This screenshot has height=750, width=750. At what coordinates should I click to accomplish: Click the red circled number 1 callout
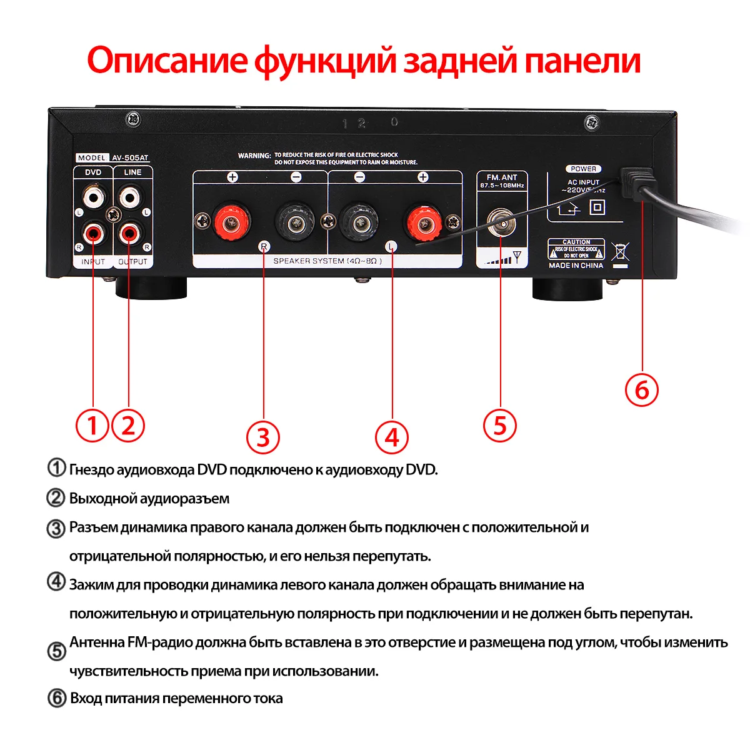[x=92, y=426]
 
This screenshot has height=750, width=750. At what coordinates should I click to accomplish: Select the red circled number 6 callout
[x=642, y=389]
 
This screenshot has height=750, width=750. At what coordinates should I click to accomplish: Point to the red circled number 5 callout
[x=500, y=425]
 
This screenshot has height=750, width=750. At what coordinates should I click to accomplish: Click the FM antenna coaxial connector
[x=501, y=222]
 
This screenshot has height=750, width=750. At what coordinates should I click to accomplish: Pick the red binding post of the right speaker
[x=232, y=221]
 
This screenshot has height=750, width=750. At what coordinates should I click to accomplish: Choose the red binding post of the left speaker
[x=424, y=221]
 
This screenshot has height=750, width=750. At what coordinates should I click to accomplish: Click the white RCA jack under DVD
[x=93, y=199]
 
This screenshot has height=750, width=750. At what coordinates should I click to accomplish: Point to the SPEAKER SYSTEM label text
[x=327, y=261]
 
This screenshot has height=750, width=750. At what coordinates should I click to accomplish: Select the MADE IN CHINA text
[x=576, y=266]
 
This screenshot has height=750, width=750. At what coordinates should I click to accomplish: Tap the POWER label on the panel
[x=583, y=169]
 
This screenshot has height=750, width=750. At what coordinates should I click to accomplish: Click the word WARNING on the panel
[x=254, y=156]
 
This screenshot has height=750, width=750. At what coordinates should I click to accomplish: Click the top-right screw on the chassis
[x=591, y=123]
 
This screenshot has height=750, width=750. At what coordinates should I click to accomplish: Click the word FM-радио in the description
[x=160, y=642]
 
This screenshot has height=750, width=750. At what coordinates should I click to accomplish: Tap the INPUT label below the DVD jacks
[x=93, y=262]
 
